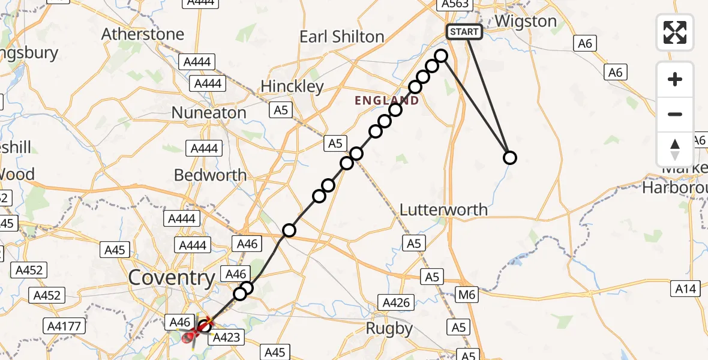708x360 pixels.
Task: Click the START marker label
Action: (x=464, y=32)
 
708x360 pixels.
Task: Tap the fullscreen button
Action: (x=675, y=32)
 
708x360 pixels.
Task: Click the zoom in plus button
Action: (x=675, y=79)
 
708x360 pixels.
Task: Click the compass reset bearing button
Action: (x=675, y=149)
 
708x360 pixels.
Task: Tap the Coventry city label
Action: (x=171, y=278)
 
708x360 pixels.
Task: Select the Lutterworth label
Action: (x=444, y=210)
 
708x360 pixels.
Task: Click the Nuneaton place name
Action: (x=209, y=112)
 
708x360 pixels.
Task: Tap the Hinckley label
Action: (x=292, y=86)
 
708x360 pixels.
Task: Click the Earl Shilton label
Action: (x=341, y=37)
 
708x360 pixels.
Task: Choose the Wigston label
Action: (x=526, y=22)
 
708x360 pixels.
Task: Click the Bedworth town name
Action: (x=210, y=175)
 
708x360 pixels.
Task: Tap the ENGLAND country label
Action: (x=386, y=101)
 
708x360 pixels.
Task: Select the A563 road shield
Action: (x=454, y=4)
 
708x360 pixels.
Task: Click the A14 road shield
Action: (x=685, y=289)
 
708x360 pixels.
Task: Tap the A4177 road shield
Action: (x=65, y=326)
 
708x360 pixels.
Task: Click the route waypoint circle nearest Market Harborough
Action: (x=509, y=158)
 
